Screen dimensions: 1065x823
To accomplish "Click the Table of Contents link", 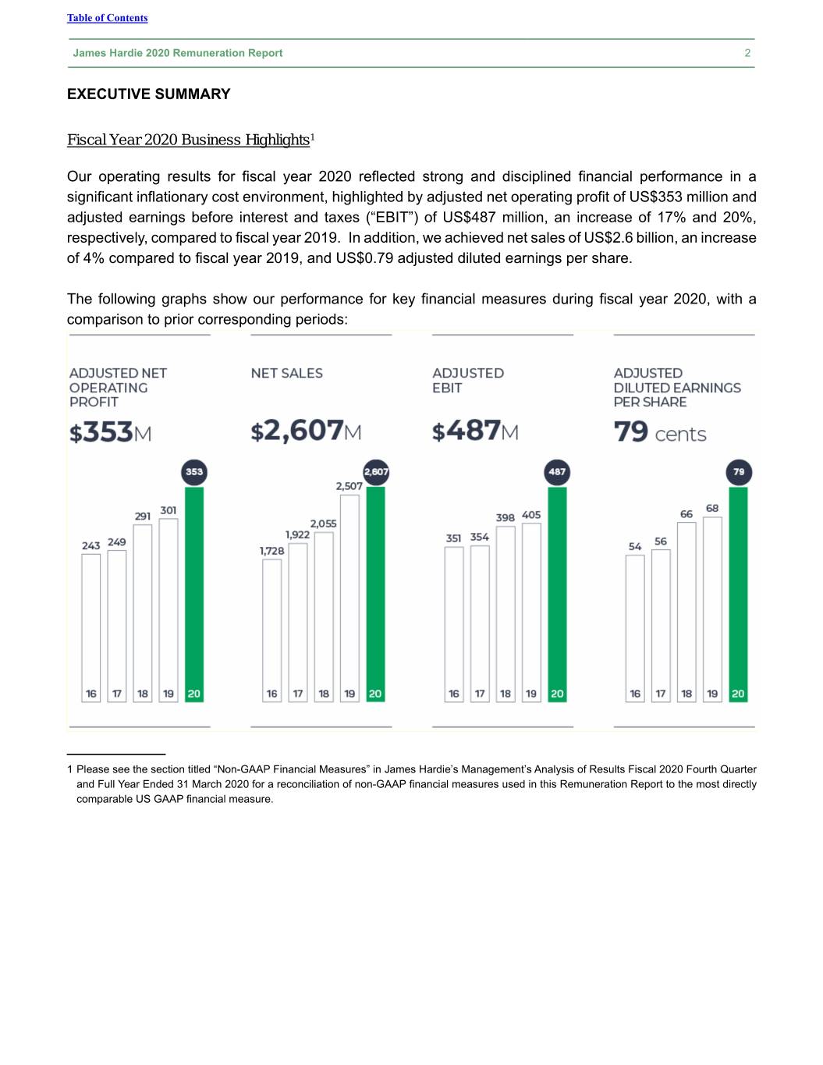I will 107,18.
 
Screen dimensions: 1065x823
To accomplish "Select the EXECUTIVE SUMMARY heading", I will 148,94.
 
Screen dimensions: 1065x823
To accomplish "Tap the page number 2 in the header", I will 747,53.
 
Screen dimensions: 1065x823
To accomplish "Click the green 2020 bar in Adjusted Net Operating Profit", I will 194,585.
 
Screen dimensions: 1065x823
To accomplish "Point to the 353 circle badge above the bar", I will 194,471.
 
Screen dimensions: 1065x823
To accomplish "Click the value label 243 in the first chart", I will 90,545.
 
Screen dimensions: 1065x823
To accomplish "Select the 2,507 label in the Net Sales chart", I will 349,486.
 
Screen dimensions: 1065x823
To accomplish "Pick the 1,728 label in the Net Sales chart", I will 271,551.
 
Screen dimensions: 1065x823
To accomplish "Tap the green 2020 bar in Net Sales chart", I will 375,585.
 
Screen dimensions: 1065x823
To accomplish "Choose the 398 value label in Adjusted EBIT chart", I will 505,517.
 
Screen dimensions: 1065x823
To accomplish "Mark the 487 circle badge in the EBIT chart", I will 557,471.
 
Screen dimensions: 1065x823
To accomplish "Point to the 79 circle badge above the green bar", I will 739,471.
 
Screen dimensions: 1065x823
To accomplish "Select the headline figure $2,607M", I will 306,431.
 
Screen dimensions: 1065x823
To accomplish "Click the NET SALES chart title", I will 286,374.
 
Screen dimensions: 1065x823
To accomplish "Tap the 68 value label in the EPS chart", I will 712,508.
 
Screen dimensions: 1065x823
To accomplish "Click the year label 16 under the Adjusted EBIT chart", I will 454,694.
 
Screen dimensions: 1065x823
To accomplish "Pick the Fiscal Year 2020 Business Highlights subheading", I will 188,140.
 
